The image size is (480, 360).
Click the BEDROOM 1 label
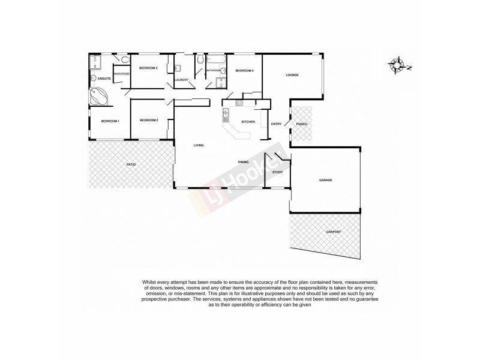[x=110, y=122]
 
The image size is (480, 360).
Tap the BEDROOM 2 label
[x=149, y=121]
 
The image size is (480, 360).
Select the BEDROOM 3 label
[x=148, y=68]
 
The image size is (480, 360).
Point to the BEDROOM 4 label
[x=244, y=71]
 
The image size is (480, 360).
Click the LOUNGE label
[x=292, y=75]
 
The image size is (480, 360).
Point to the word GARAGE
[x=326, y=180]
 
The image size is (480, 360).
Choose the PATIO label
[x=130, y=163]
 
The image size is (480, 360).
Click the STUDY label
[x=277, y=172]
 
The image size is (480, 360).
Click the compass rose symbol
[x=398, y=65]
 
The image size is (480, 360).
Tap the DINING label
[x=243, y=161]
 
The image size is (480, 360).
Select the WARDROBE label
[x=122, y=73]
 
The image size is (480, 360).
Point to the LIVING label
[x=199, y=145]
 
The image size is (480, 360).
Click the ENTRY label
[x=276, y=124]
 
